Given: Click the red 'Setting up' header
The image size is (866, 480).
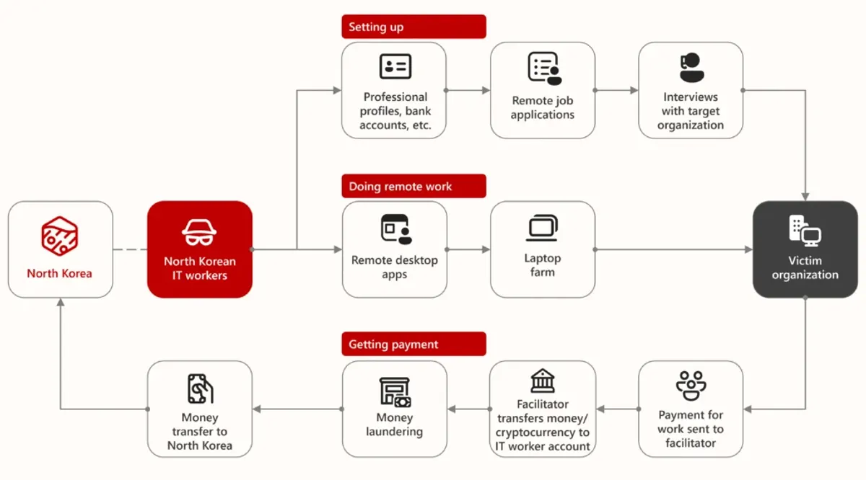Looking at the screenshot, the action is coord(414,27).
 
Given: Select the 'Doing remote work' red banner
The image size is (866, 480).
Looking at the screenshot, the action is coord(414,186).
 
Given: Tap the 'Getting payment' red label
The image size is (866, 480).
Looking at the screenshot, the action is coord(414,344).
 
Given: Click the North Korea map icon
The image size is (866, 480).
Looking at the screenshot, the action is coord(59,236).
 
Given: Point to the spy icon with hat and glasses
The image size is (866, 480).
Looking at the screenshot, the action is coord(199,233).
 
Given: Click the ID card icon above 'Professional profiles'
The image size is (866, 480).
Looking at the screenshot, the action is coord(395,66).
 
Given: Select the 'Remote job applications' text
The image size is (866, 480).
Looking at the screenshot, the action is coord(543,107).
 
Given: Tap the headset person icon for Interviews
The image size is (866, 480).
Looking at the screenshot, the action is coord(691,68).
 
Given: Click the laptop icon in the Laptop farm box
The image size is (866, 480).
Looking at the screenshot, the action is coord(542,228).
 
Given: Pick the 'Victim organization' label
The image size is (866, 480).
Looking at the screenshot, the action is coord(805,267).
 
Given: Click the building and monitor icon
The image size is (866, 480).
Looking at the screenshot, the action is coord(805,231).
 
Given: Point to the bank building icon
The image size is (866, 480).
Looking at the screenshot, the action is coord(543,381).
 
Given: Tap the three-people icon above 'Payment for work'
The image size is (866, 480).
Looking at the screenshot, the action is coord(691,386).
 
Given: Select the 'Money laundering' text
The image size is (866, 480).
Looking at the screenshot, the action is coord(394,425).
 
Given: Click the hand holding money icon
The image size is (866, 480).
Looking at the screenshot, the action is coord(200,388).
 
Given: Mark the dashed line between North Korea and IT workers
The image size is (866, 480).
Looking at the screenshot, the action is coord(130,249).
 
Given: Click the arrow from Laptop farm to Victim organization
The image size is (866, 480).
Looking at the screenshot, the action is coord(674,249).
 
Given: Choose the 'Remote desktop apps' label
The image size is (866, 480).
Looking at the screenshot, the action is coord(394,267).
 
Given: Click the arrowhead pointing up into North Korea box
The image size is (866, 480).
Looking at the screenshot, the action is coord(61,302).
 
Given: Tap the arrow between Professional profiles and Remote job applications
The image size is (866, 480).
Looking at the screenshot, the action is coord(468,90).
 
